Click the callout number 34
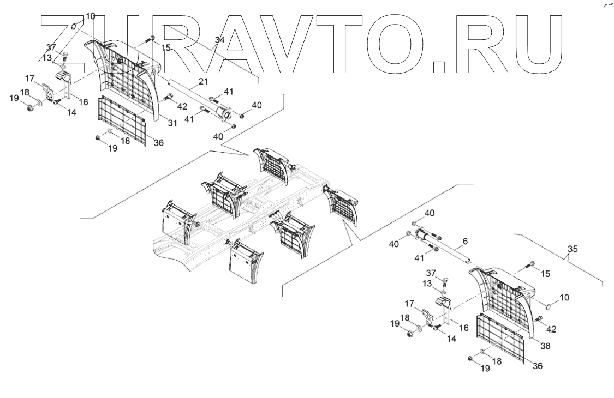click(x=219, y=40)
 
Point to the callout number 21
click(x=203, y=81)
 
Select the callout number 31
click(x=172, y=123)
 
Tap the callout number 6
click(x=464, y=240)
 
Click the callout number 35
click(x=571, y=249)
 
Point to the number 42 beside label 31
click(x=182, y=106)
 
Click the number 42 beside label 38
click(x=551, y=329)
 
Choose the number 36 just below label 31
click(x=158, y=142)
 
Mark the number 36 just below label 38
click(x=538, y=366)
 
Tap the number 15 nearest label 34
click(x=165, y=48)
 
